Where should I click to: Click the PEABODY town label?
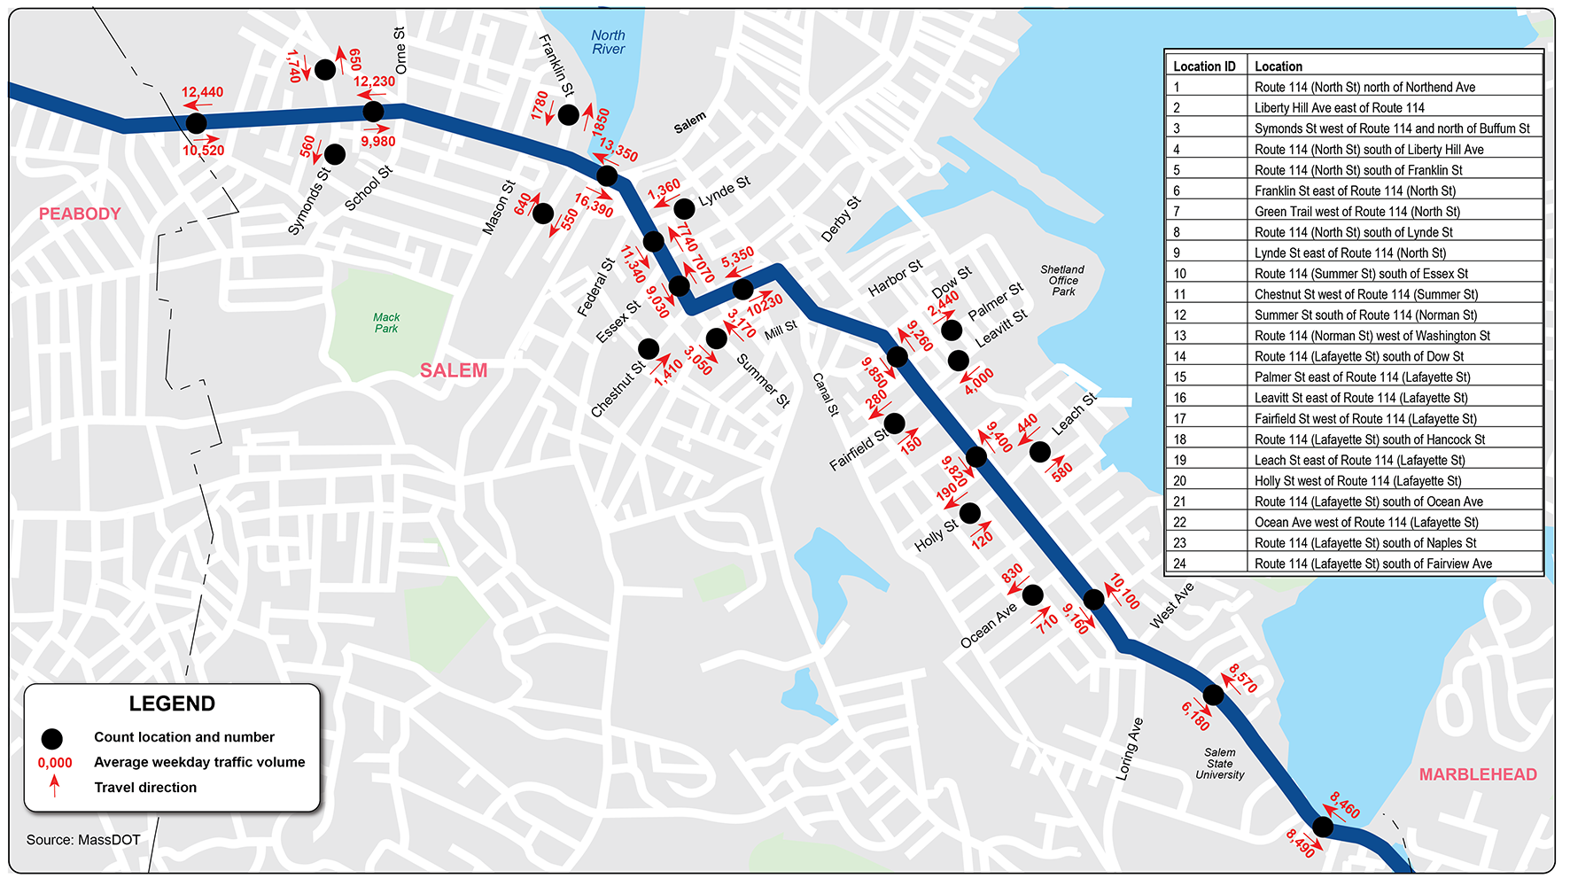click(x=80, y=214)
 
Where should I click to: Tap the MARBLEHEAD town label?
click(x=1478, y=774)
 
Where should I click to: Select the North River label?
click(x=609, y=43)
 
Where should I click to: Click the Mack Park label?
click(x=386, y=323)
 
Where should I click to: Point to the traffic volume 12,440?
click(x=203, y=92)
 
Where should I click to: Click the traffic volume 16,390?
click(x=594, y=206)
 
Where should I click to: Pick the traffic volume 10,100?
click(x=1124, y=592)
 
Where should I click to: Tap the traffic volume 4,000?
click(x=979, y=380)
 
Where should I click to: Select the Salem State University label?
click(x=1220, y=764)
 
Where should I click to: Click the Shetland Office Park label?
click(x=1062, y=280)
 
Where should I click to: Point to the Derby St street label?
click(x=841, y=220)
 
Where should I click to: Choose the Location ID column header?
click(x=1204, y=66)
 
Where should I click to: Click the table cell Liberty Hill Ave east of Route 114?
click(x=1339, y=108)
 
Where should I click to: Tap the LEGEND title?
click(x=172, y=703)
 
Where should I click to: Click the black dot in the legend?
click(x=52, y=738)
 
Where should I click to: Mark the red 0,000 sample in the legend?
click(x=55, y=763)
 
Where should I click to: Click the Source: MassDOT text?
click(x=83, y=840)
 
